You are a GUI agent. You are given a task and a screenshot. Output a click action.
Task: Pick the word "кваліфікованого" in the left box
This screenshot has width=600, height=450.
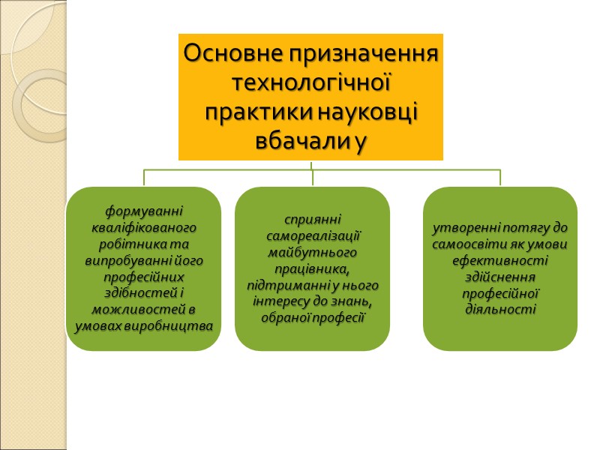pos(144,227)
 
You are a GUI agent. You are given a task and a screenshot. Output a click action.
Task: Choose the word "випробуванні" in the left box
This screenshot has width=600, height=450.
pos(121,260)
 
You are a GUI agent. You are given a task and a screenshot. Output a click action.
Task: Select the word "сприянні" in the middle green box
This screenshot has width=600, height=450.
pos(313,220)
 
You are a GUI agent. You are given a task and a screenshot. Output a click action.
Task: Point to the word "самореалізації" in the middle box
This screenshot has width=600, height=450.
pos(313,236)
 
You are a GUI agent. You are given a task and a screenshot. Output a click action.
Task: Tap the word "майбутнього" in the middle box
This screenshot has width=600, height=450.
pos(313,253)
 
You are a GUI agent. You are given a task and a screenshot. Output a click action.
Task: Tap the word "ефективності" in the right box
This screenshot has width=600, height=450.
pos(500,260)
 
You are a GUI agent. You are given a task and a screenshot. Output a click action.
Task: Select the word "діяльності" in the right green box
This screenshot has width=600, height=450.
pos(500,309)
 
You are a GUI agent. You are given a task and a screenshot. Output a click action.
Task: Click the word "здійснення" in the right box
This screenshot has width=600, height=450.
pos(500,277)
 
